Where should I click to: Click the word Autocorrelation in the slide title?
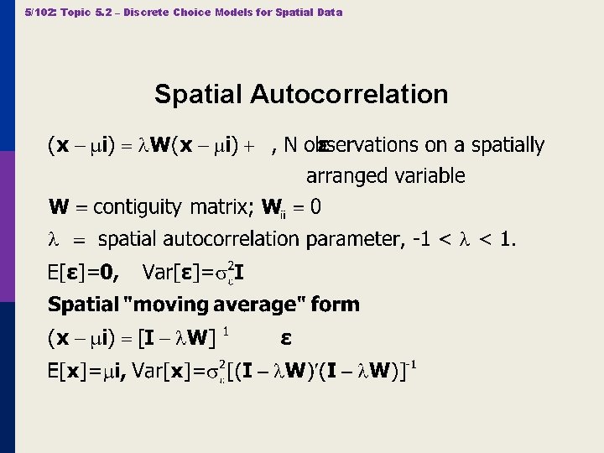(349, 94)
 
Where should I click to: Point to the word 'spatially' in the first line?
(508, 145)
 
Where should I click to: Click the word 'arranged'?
(346, 176)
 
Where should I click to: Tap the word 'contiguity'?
(138, 206)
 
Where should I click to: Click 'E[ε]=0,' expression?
(84, 272)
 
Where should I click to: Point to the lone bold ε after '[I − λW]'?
(286, 338)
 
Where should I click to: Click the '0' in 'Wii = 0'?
(315, 206)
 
